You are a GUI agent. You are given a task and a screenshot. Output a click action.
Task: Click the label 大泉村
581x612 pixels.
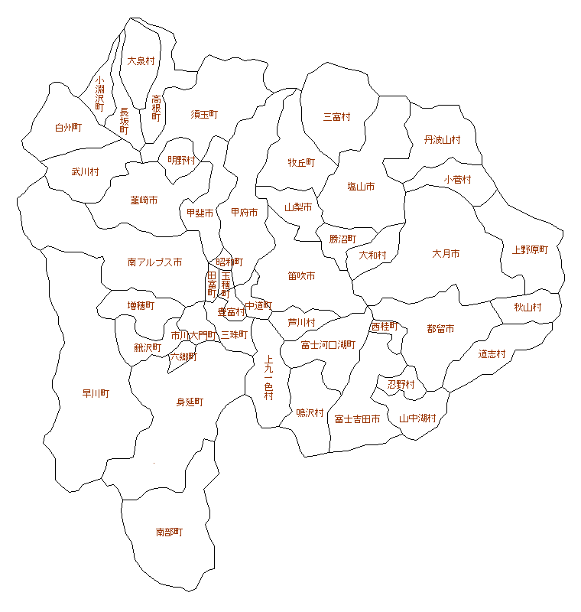tap(141, 60)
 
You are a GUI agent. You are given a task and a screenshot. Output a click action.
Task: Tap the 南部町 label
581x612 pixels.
tap(169, 532)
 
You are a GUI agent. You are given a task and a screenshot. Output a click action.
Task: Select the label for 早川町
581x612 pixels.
tap(96, 394)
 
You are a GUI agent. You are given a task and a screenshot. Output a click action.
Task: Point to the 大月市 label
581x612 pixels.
tap(446, 253)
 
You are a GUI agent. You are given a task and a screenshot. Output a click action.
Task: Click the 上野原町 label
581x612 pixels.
tap(530, 249)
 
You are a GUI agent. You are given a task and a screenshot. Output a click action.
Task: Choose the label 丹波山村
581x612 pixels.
tap(443, 140)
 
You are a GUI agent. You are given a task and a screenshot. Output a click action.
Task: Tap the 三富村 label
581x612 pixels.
tap(336, 117)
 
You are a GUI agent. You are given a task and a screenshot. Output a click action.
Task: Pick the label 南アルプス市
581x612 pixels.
tap(154, 262)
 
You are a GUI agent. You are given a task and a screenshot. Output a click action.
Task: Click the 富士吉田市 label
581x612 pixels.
tap(357, 419)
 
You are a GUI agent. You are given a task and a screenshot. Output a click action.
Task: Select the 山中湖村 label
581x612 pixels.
tap(417, 418)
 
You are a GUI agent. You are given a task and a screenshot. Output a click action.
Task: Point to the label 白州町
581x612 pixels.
tap(68, 128)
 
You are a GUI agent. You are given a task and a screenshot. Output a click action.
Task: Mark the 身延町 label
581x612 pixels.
tap(190, 402)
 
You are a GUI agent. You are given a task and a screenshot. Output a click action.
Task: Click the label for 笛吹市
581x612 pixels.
tap(301, 275)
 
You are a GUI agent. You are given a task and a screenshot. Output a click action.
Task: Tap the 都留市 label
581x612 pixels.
tap(440, 329)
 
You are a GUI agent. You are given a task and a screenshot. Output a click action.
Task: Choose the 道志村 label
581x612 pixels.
tap(492, 354)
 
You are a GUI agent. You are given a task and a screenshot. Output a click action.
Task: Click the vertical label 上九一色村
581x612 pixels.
tap(268, 377)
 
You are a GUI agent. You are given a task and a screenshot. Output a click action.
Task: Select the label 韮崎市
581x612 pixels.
tap(144, 200)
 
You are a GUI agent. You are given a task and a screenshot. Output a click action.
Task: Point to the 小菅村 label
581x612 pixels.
tap(457, 180)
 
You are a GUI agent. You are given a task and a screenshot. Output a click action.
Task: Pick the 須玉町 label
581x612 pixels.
tap(204, 114)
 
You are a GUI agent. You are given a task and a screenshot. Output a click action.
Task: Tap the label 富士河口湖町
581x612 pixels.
tap(328, 345)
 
